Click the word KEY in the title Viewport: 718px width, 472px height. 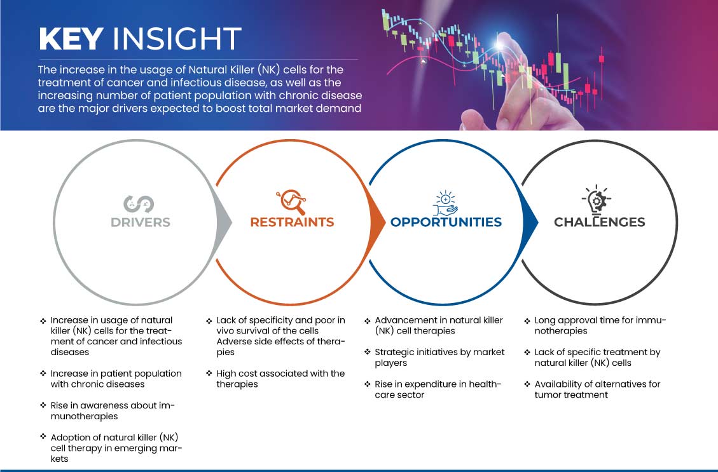point(71,39)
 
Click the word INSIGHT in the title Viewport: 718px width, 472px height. point(177,39)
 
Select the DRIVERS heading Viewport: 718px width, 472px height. point(141,222)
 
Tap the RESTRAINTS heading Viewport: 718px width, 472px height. point(292,222)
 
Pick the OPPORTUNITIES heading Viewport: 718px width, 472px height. point(446,222)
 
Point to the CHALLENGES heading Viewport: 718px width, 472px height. point(600,222)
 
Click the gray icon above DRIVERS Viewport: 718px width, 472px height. point(138,204)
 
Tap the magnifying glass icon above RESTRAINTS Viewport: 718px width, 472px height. point(291,202)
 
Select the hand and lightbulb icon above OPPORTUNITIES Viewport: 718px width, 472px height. point(446,203)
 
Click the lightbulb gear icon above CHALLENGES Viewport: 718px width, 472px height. point(597,200)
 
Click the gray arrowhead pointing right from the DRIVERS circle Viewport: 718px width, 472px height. point(224,222)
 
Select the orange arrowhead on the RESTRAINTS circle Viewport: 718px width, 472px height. point(377,222)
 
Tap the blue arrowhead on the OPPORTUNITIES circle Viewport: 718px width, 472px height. point(530,222)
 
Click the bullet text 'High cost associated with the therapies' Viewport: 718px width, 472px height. point(280,379)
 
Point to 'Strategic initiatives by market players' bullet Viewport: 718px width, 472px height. point(439,358)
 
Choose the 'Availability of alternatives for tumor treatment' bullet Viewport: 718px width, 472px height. point(597,389)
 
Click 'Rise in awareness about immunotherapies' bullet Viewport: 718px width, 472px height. point(113,411)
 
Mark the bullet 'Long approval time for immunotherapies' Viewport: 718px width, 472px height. point(600,326)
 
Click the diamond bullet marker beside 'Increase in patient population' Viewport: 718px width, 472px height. point(43,373)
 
